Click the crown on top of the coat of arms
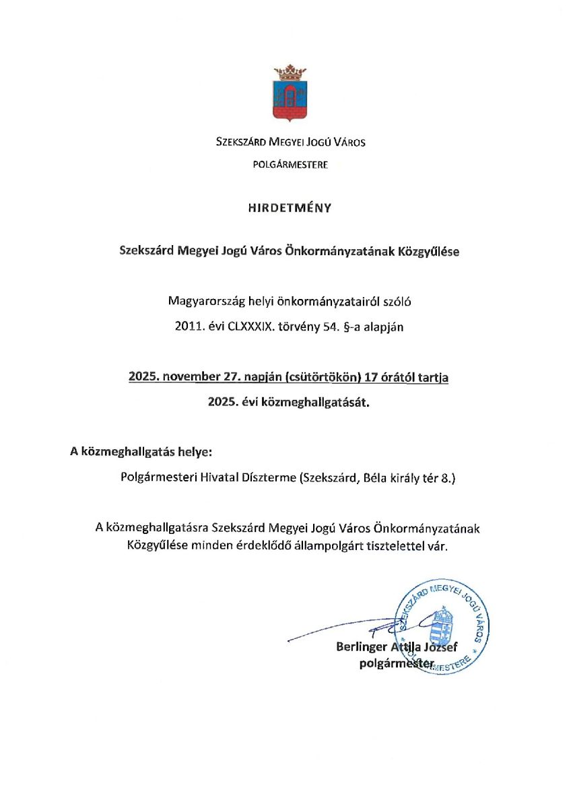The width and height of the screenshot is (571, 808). coord(290,71)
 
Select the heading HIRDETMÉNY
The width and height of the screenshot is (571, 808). coord(290,208)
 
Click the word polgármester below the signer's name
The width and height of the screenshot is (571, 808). coord(396,664)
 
